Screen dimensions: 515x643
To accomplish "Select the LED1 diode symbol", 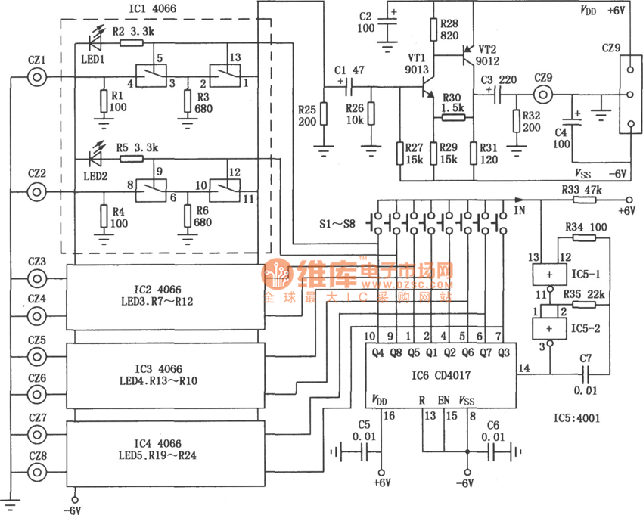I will click(x=97, y=35).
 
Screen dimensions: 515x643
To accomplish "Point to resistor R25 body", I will click(x=323, y=115).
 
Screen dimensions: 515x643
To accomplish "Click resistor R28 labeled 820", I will click(x=433, y=29).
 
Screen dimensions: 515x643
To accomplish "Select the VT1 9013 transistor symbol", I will click(x=424, y=89).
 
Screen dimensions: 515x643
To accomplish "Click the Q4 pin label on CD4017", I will click(x=370, y=352).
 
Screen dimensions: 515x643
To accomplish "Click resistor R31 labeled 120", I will click(x=474, y=154).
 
